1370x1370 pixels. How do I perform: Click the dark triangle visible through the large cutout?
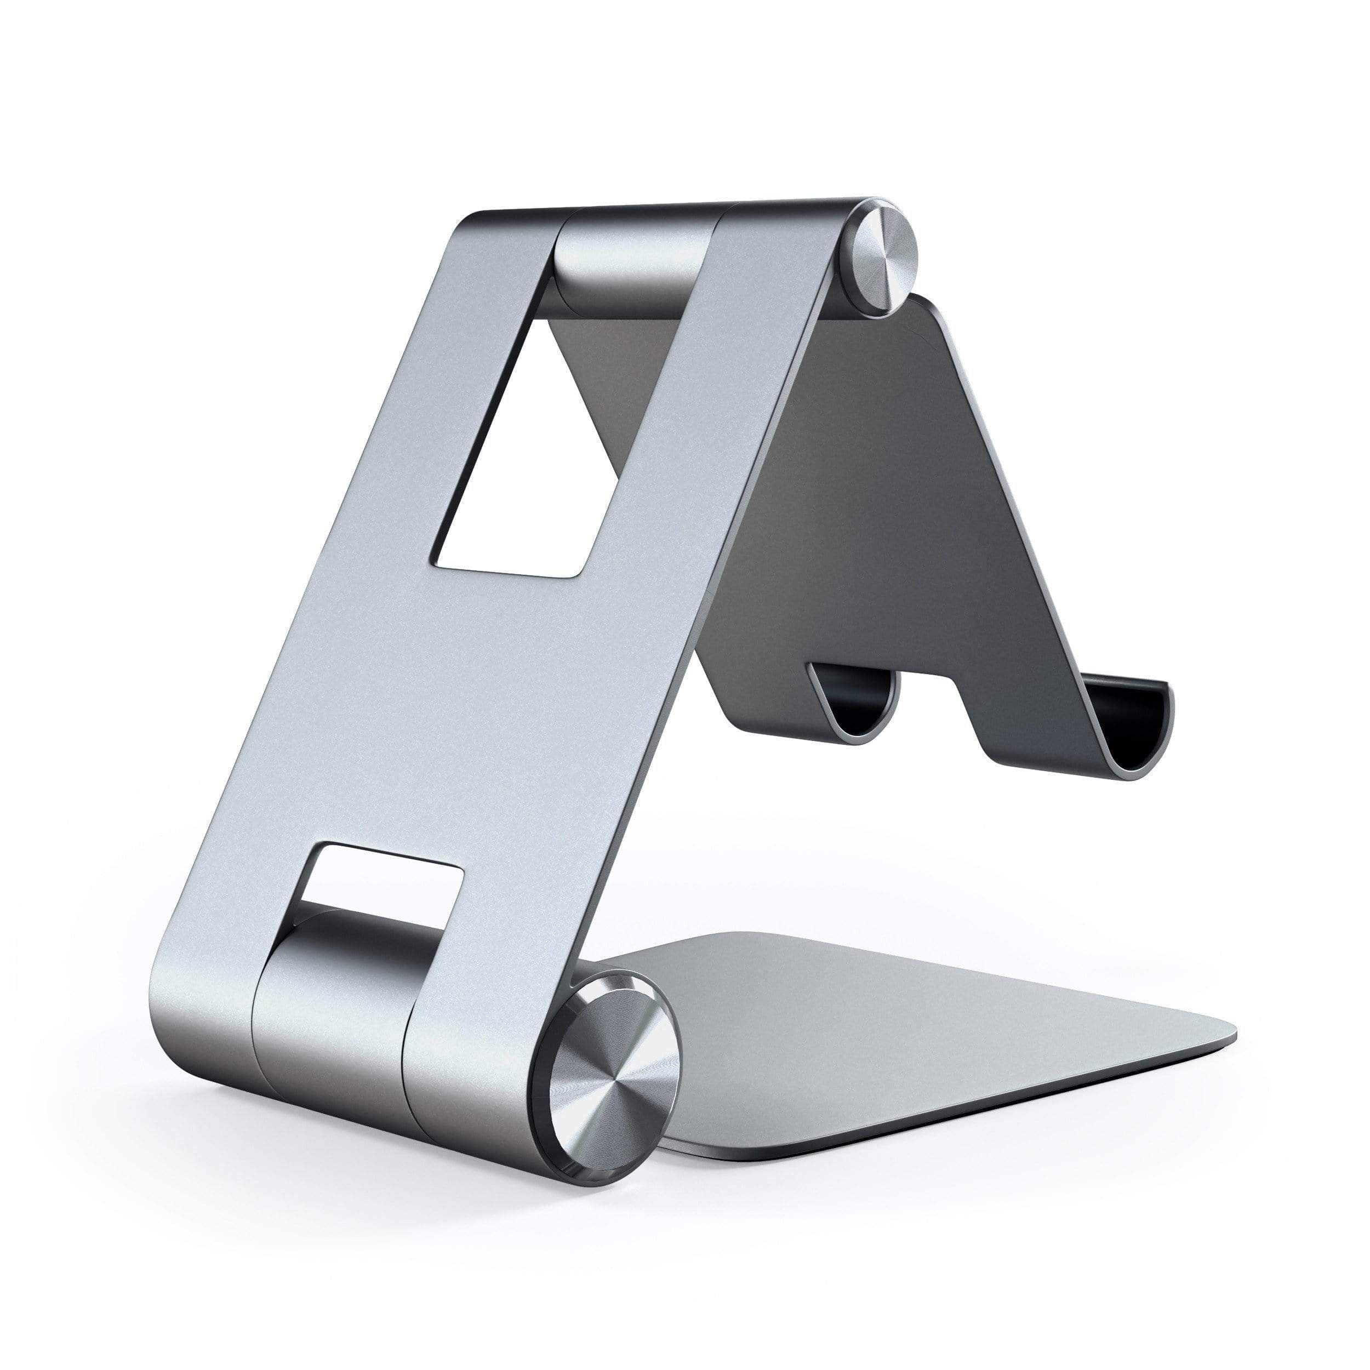pos(567,369)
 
